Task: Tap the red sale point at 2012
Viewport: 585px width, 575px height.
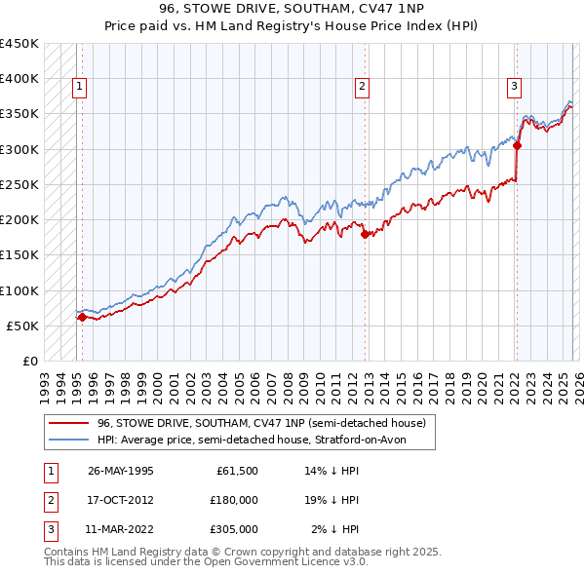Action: (365, 234)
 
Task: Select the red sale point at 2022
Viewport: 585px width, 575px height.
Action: (517, 146)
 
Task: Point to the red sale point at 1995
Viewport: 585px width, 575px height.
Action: (82, 317)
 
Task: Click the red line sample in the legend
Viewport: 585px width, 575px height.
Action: (69, 424)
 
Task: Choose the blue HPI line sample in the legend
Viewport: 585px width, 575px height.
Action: (69, 440)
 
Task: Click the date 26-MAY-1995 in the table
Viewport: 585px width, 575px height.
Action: (120, 471)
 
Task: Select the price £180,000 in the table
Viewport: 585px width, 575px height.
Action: (234, 500)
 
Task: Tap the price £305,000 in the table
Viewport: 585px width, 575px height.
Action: (234, 529)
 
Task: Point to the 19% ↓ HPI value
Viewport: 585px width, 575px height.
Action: (333, 500)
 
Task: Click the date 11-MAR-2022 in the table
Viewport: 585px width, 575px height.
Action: (120, 529)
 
